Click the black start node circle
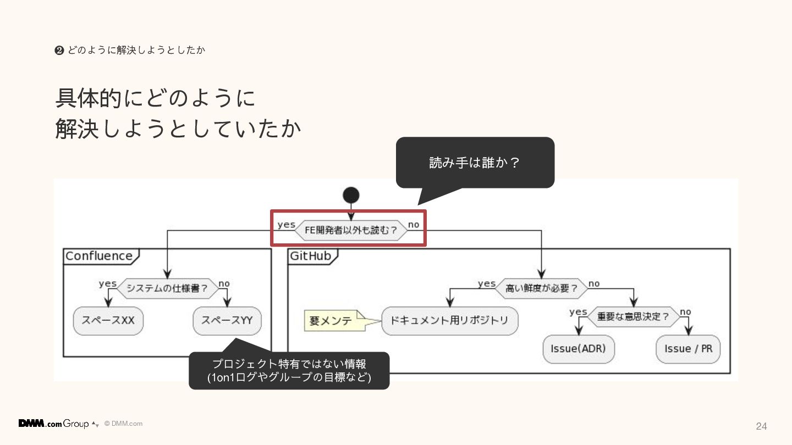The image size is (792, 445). point(351,195)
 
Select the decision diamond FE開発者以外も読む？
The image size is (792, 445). point(351,230)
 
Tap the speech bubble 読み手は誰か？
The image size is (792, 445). point(475,163)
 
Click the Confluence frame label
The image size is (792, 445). point(99,256)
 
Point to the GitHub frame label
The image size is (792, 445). point(311,256)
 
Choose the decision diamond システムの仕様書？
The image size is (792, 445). point(167,288)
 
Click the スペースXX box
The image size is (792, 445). point(108,320)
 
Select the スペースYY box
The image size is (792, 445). point(227,320)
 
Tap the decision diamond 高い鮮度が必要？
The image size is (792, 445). point(541,288)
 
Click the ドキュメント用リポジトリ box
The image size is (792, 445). point(449,320)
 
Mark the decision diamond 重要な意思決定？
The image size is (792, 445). point(633,316)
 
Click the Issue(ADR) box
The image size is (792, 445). point(578,349)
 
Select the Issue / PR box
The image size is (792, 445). point(688,349)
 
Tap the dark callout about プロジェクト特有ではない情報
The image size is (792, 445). point(289,371)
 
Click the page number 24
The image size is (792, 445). point(761,426)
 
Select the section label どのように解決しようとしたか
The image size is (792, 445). point(135,51)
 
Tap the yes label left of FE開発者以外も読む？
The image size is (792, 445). point(286,225)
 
